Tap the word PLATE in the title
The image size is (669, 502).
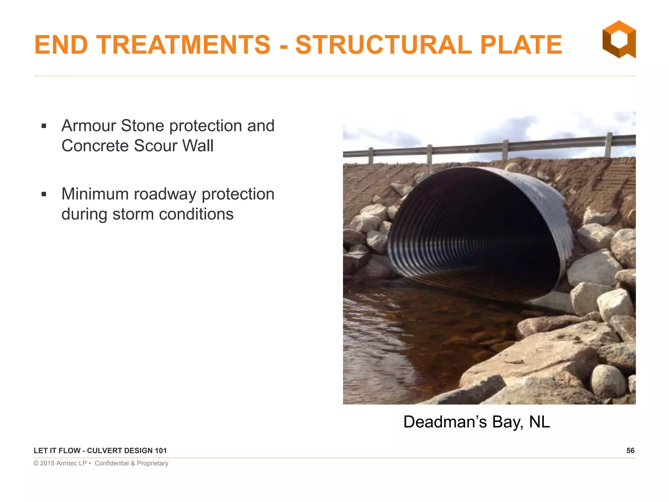(x=521, y=45)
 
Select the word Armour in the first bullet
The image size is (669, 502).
(x=89, y=126)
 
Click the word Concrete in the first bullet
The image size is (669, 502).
(x=95, y=146)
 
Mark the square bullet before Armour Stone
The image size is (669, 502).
(x=44, y=126)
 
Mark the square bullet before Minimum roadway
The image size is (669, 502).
(x=44, y=194)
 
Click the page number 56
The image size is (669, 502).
(x=630, y=451)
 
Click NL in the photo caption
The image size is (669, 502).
(x=539, y=422)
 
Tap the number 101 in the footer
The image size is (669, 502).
(x=160, y=451)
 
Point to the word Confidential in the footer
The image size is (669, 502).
(x=112, y=463)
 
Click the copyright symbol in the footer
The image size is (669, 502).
(x=36, y=463)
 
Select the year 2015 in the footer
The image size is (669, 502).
(x=47, y=463)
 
